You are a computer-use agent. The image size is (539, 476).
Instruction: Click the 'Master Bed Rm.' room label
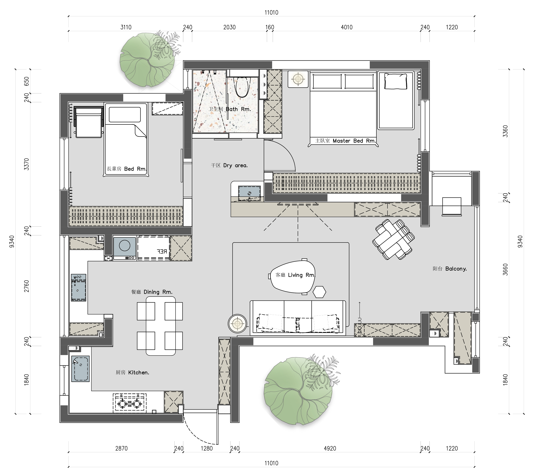(x=354, y=141)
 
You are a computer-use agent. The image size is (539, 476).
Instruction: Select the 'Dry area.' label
(x=235, y=165)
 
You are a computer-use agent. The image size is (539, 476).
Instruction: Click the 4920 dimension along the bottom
(x=330, y=448)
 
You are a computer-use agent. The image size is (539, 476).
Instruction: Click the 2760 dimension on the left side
(x=27, y=286)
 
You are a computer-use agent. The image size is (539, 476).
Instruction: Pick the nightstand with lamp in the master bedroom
(x=298, y=79)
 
